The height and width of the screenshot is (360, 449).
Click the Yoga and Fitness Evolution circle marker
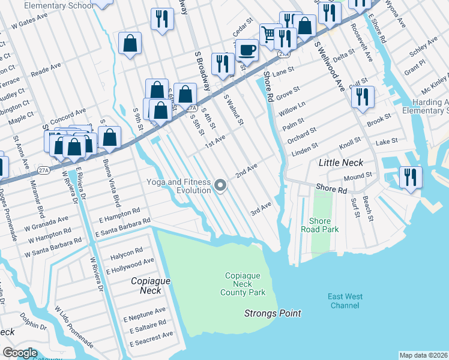pos(221,185)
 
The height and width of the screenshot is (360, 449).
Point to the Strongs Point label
pos(272,313)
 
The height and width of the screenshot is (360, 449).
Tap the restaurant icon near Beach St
pos(411,177)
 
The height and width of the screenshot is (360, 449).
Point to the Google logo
pos(20,353)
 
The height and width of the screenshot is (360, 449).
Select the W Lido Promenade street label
pos(73,327)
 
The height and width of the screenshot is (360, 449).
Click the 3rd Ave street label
pos(261,208)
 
